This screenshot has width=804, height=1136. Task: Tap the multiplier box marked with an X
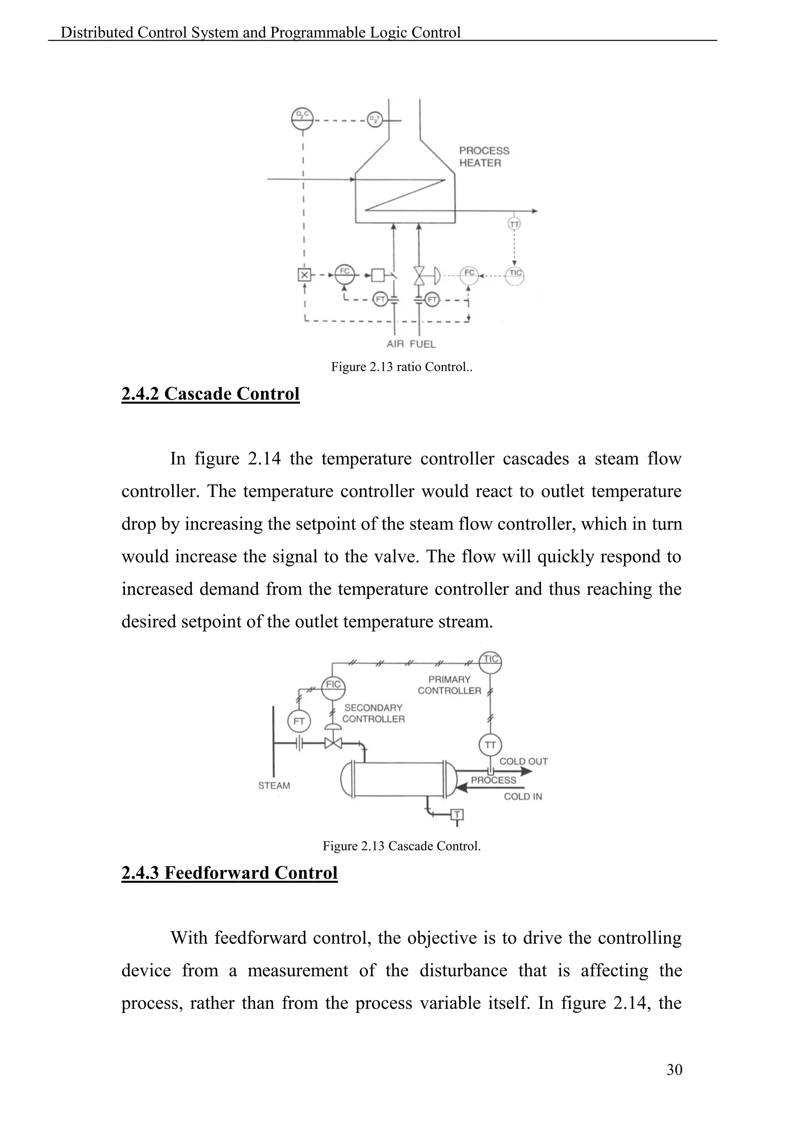click(x=304, y=275)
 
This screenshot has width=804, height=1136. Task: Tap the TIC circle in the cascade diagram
click(x=491, y=660)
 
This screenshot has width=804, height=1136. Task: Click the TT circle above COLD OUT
click(x=490, y=745)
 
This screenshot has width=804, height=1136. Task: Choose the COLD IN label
click(x=523, y=797)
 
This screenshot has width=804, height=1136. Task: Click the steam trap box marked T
click(x=457, y=814)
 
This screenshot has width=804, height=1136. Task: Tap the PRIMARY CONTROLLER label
click(x=450, y=685)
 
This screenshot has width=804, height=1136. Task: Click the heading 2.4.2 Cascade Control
click(x=210, y=394)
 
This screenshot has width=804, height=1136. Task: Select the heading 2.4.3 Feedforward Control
click(x=229, y=873)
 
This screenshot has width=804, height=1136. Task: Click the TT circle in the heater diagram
click(x=514, y=224)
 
